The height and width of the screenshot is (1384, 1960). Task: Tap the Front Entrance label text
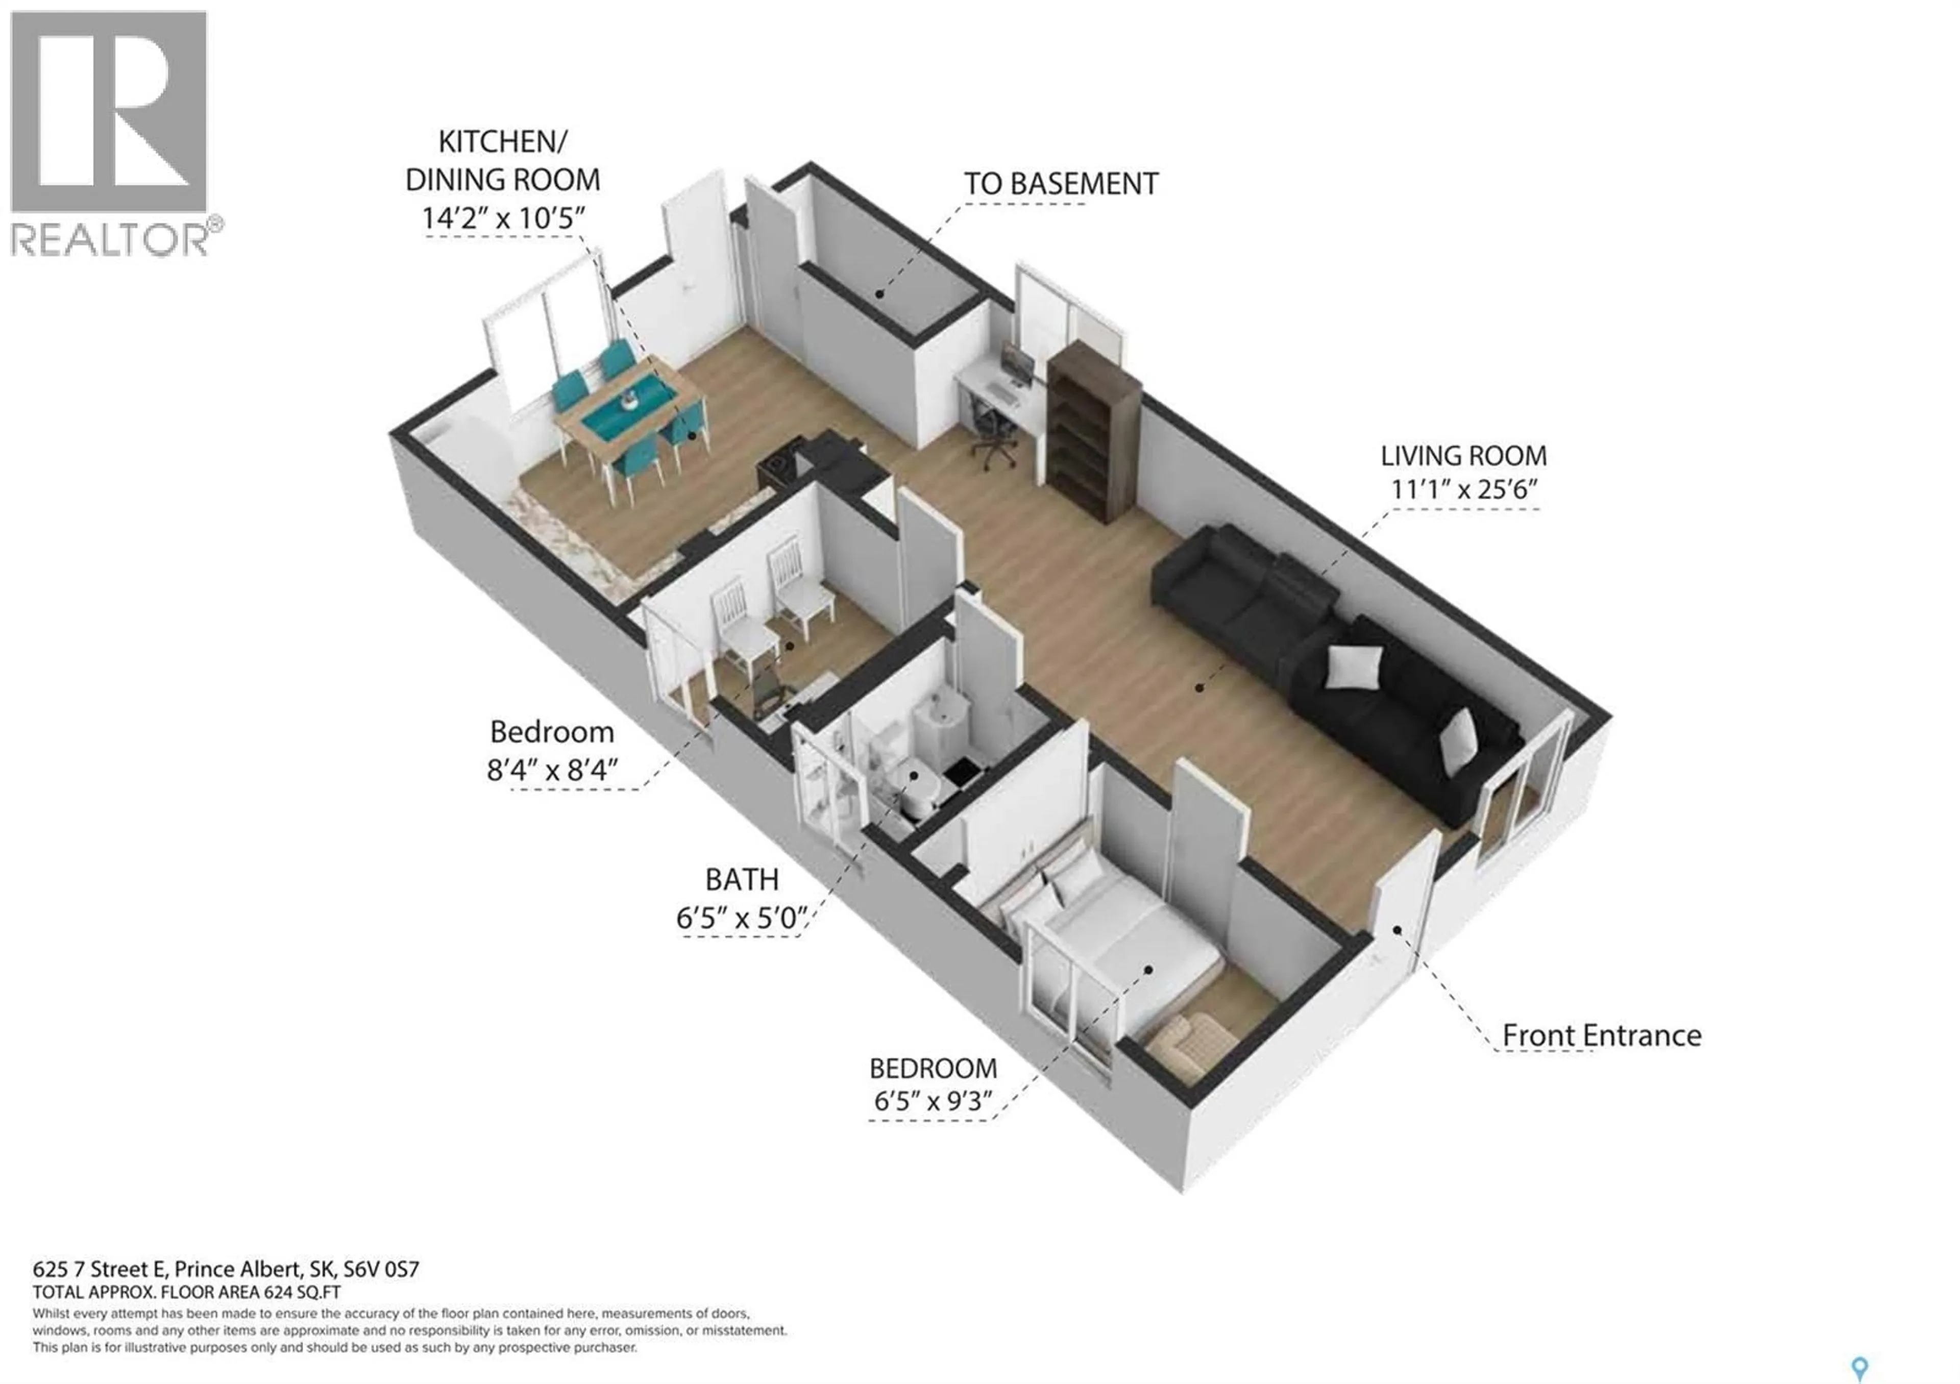point(1602,1035)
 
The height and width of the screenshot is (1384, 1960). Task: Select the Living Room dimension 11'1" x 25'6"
point(1463,490)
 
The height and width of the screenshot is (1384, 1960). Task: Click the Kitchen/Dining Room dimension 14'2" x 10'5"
point(503,218)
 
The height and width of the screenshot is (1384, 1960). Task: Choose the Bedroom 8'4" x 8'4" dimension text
point(551,771)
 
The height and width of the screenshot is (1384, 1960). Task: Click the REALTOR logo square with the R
point(108,111)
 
